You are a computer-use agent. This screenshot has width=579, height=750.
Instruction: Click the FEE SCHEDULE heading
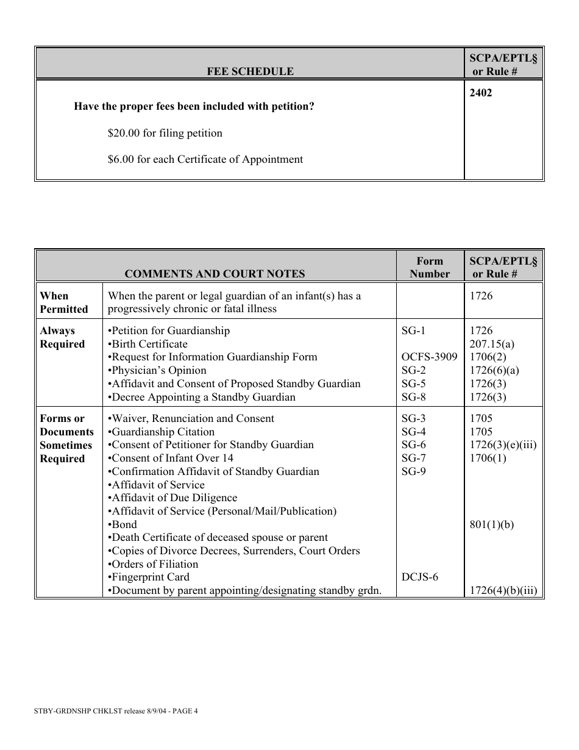250,71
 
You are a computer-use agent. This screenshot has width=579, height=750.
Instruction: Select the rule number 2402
481,93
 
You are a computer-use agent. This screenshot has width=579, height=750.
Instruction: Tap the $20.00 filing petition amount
165,133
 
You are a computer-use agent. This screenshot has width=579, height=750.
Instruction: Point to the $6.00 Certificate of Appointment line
205,160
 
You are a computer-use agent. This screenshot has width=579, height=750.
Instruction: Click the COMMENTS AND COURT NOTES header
215,274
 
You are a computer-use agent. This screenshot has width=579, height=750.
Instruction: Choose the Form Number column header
430,267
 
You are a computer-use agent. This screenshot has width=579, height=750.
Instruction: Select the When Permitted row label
64,302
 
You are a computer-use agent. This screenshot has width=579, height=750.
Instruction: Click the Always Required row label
62,337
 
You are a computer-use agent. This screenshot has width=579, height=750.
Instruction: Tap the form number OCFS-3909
429,357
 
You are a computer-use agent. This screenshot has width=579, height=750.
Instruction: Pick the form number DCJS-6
419,577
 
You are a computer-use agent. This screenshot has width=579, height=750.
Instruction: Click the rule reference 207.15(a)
492,344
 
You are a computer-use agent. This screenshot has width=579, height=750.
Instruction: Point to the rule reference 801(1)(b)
492,524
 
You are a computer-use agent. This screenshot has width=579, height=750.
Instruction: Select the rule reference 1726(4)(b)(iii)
503,591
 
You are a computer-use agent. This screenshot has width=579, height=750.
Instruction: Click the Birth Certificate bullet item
147,344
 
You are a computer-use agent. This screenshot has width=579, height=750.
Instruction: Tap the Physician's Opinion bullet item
157,371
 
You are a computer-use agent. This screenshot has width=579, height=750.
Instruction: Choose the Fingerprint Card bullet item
148,577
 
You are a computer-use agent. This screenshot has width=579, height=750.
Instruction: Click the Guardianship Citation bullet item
161,432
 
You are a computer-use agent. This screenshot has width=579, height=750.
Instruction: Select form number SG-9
414,471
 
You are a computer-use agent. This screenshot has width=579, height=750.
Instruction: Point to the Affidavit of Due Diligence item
172,498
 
